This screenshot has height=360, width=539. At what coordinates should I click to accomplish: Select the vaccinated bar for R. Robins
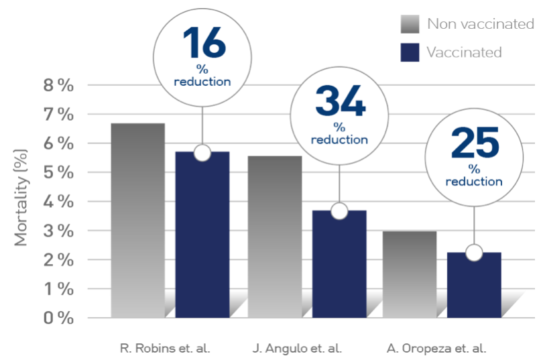coord(202,235)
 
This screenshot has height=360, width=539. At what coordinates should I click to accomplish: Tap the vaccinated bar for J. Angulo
coord(339,264)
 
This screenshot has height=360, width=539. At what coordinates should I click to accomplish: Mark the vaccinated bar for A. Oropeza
coord(474,284)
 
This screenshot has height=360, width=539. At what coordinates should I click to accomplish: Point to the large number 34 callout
coord(339,102)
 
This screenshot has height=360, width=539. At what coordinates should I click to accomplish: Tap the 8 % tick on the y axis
coord(58,85)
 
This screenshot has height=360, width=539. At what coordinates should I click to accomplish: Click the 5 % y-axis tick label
coord(58,172)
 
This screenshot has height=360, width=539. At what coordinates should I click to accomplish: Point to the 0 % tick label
coord(58,318)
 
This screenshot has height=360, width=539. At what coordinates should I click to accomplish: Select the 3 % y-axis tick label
coord(58,231)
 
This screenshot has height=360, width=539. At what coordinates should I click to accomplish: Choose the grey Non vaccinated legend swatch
coord(410,24)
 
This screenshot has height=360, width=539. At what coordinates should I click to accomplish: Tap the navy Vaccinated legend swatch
coord(410,52)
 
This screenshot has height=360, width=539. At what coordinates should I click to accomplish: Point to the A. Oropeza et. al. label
coord(436,349)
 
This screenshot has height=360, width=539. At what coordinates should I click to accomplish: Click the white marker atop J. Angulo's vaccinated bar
coord(339,211)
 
